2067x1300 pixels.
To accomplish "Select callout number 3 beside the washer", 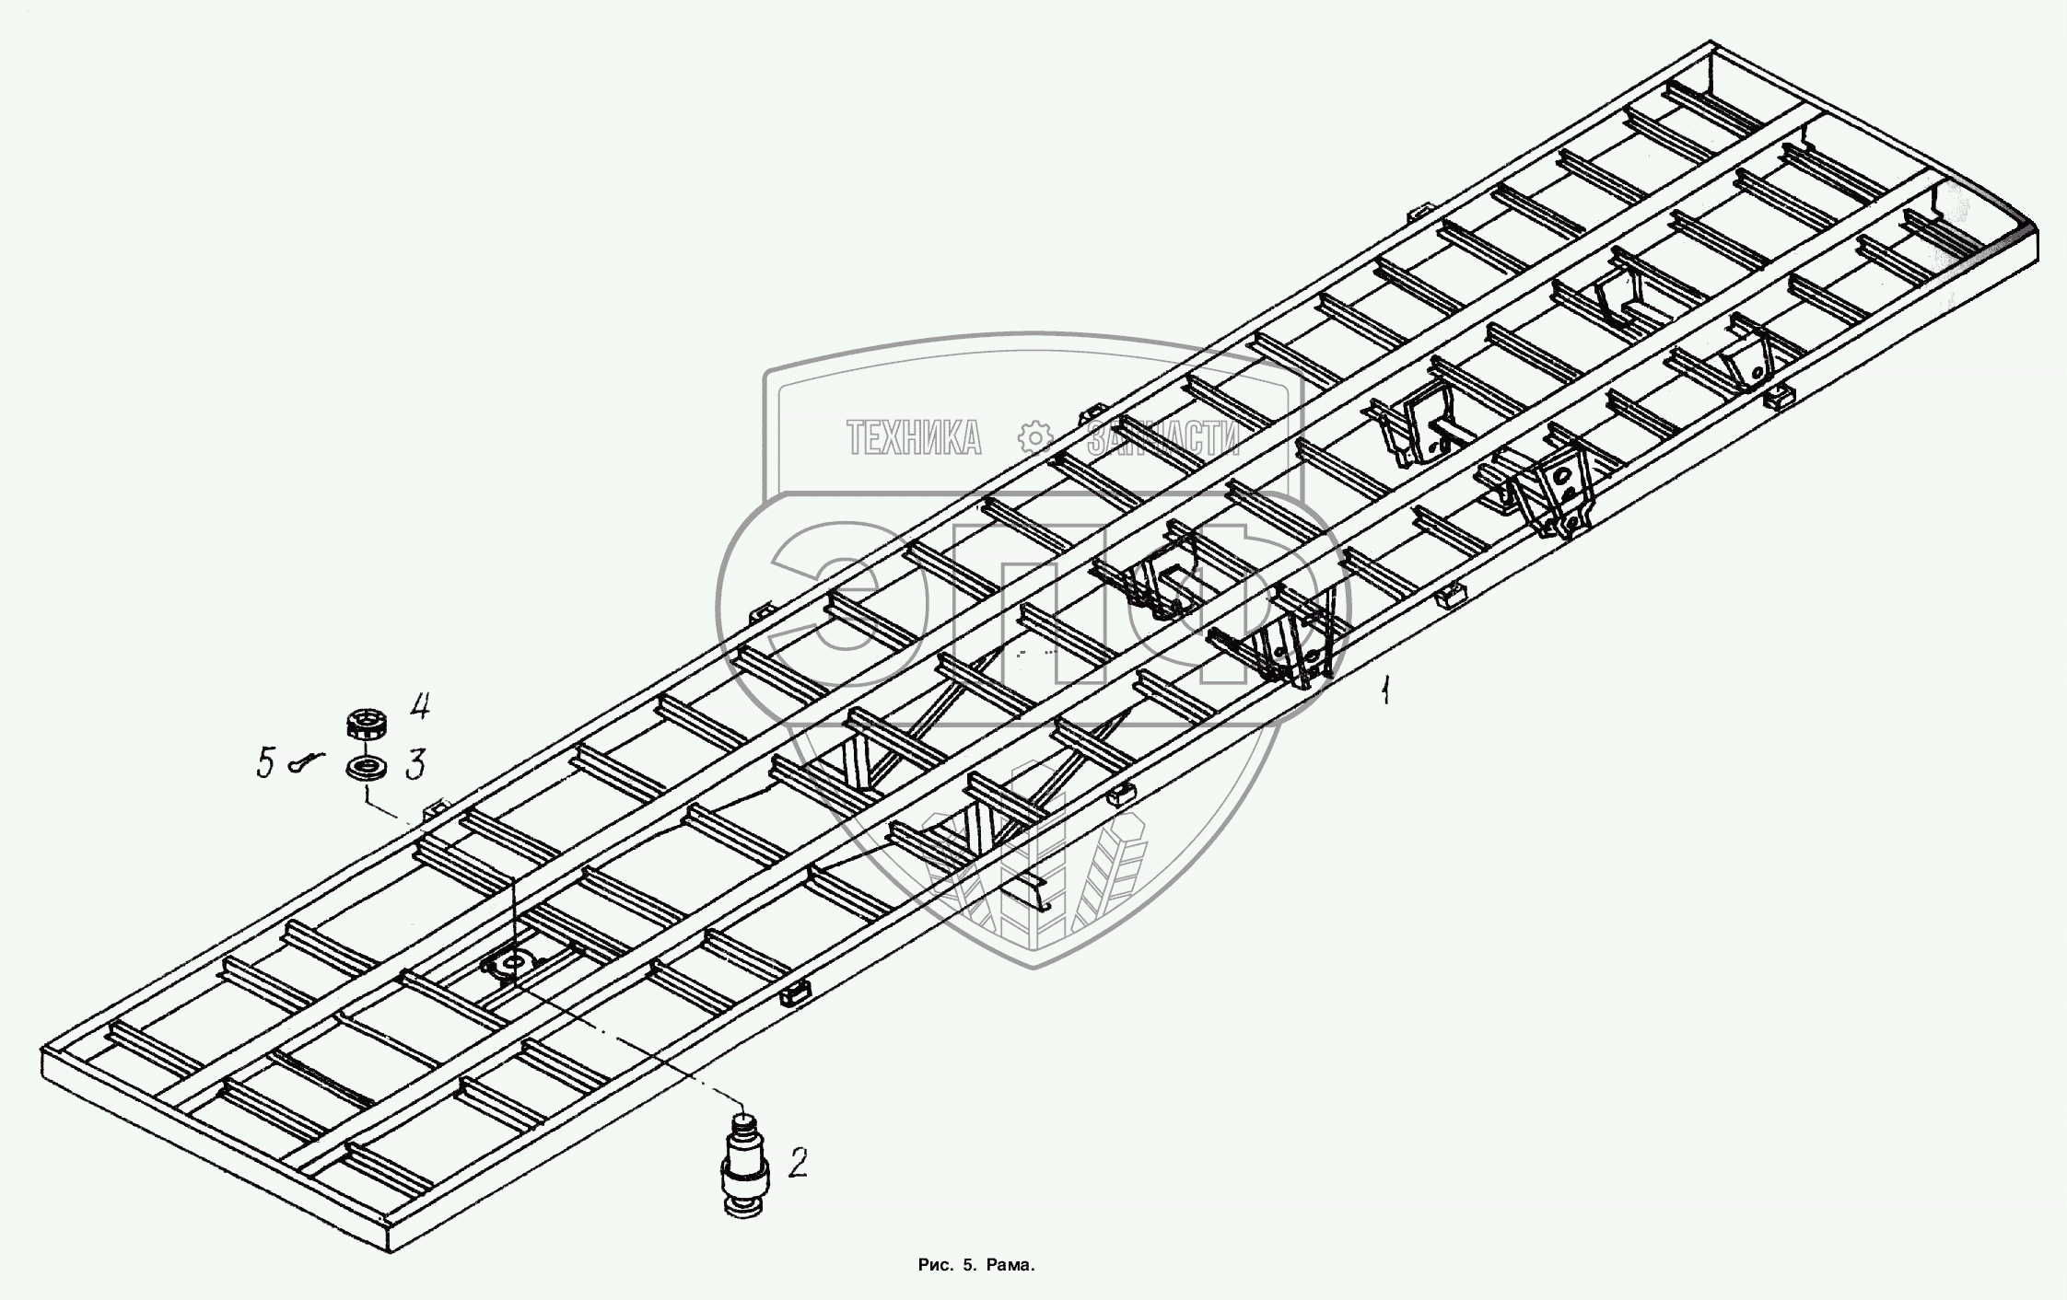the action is click(x=415, y=764).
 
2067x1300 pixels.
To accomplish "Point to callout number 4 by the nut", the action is click(x=419, y=707).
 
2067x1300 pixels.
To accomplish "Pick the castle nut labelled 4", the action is click(x=366, y=723).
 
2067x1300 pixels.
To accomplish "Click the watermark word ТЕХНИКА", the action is click(x=914, y=438).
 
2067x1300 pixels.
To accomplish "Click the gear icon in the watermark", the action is click(x=1034, y=436).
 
